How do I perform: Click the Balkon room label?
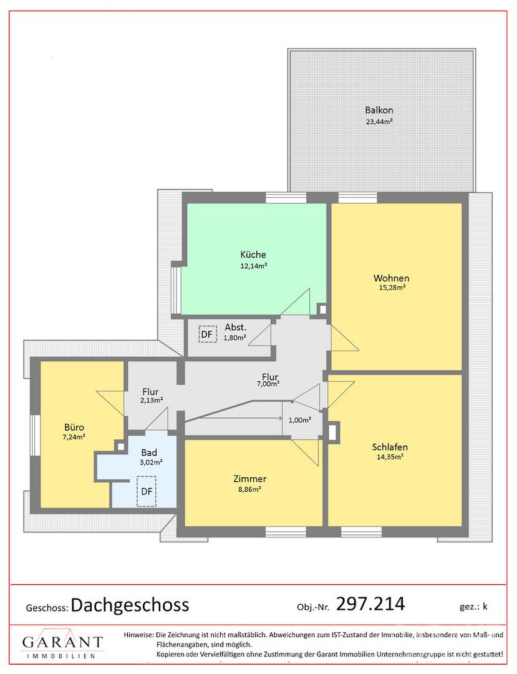(379, 110)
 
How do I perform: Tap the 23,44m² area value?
(379, 121)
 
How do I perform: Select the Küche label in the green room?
(253, 255)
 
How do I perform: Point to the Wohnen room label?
(391, 278)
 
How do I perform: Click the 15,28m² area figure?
(392, 288)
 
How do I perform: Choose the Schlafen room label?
(390, 447)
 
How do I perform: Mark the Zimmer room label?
(250, 479)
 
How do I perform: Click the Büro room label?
(74, 427)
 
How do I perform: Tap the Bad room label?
(149, 452)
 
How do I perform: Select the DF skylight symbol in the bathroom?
(147, 491)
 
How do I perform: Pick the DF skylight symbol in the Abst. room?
(208, 334)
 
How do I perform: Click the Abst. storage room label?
(235, 328)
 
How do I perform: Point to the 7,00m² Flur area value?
(268, 384)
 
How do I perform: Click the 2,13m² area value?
(151, 400)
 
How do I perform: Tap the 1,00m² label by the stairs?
(300, 420)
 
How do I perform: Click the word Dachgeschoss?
(130, 605)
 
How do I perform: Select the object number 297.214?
(370, 603)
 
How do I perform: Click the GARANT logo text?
(63, 642)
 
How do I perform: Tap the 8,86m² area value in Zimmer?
(250, 489)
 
